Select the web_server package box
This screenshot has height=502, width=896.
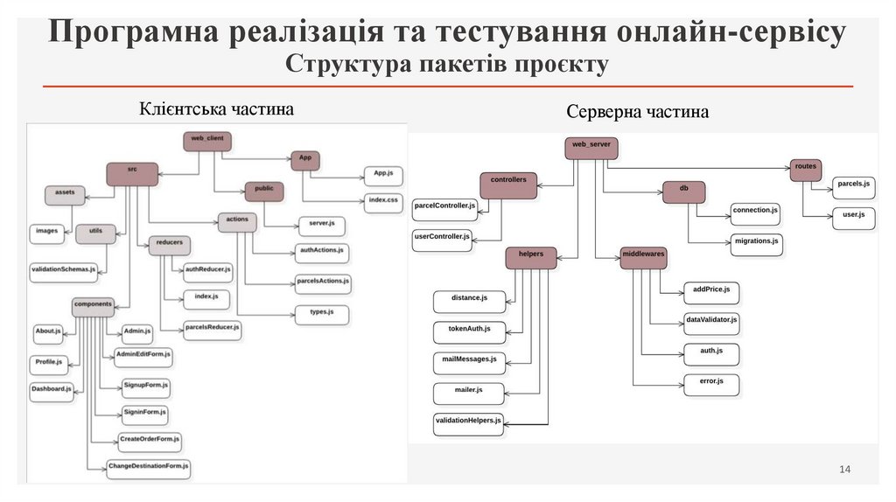591,148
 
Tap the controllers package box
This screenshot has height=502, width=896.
507,184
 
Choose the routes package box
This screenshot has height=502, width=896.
806,169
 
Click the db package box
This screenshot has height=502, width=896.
683,191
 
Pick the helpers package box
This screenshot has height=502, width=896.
531,257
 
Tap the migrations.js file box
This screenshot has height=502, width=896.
755,243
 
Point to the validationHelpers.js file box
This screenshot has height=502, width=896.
468,423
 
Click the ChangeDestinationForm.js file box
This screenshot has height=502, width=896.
148,468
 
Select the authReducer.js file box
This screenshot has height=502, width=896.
208,272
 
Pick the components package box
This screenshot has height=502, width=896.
93,307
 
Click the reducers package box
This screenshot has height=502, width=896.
170,246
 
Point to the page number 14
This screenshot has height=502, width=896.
844,471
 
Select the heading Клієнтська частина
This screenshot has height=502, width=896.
216,108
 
